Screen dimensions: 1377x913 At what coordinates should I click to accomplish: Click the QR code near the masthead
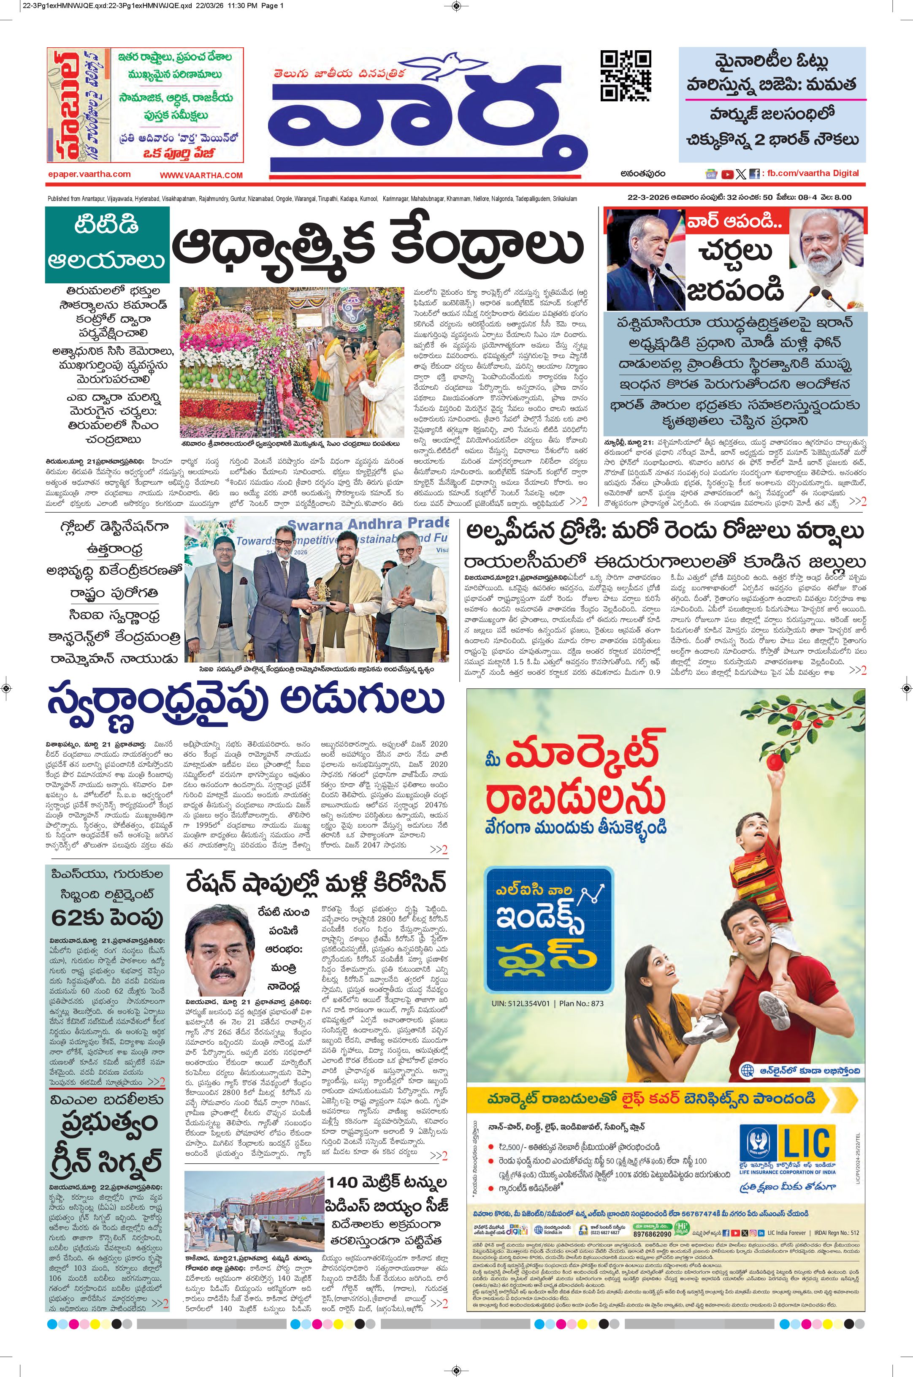[x=626, y=76]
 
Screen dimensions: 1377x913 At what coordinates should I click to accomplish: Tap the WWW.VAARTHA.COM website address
[x=201, y=175]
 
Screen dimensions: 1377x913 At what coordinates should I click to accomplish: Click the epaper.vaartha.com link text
[x=89, y=174]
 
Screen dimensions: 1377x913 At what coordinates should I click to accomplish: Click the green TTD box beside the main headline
[x=108, y=244]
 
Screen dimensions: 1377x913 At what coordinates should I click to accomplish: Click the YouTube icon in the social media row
[x=727, y=174]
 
